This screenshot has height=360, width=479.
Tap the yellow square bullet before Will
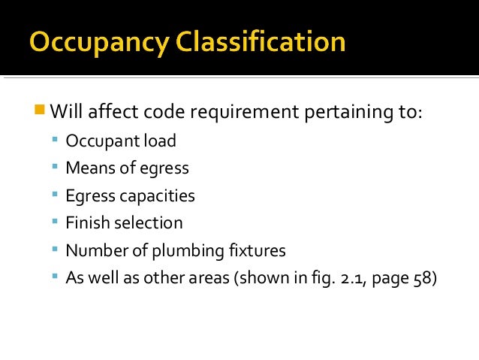pyautogui.click(x=40, y=112)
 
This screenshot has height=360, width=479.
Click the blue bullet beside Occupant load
pyautogui.click(x=56, y=140)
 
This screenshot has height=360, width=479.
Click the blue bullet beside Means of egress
pyautogui.click(x=56, y=167)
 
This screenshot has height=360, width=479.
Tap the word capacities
pyautogui.click(x=156, y=196)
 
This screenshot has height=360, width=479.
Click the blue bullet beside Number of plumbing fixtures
pyautogui.click(x=56, y=249)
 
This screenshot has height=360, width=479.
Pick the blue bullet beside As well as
pyautogui.click(x=56, y=276)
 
